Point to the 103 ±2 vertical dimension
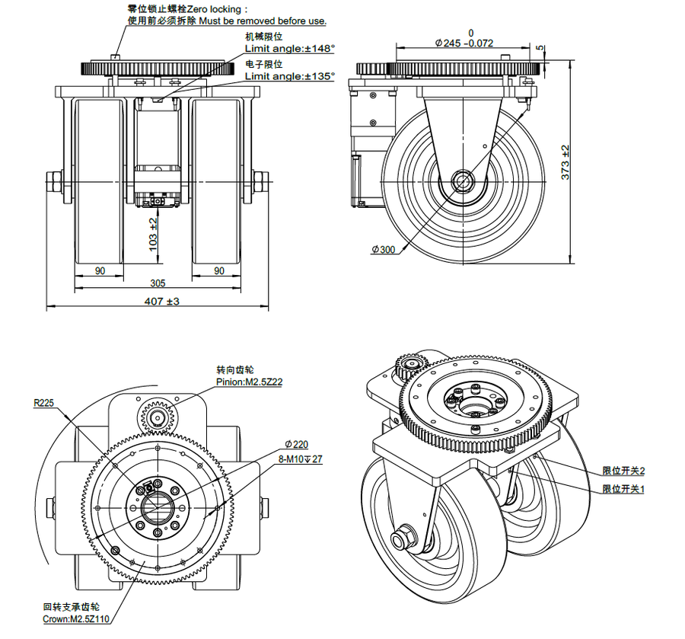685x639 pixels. [153, 234]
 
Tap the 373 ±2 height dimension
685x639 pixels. [565, 162]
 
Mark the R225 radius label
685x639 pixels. [43, 403]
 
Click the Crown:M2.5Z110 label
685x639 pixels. [76, 618]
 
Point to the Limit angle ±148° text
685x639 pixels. [289, 48]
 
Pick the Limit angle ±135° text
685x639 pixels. [289, 76]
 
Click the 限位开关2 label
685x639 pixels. [623, 471]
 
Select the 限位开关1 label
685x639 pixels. [623, 488]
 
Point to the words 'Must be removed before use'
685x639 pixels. [262, 21]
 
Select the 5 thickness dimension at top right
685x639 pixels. [540, 48]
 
